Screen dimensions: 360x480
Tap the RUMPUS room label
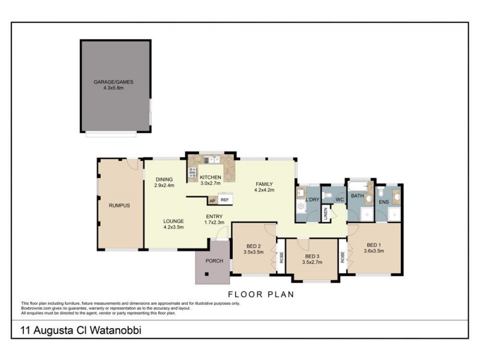pyautogui.click(x=119, y=205)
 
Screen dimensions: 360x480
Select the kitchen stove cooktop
pyautogui.click(x=193, y=173)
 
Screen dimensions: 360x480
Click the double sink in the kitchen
pyautogui.click(x=211, y=160)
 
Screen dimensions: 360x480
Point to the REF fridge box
pyautogui.click(x=225, y=200)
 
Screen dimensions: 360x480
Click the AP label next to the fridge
pyautogui.click(x=212, y=200)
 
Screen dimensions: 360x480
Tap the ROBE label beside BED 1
pyautogui.click(x=343, y=257)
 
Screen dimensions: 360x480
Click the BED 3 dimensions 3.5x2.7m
pyautogui.click(x=312, y=262)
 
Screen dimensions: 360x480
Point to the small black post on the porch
pyautogui.click(x=206, y=275)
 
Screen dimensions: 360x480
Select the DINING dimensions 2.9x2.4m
pyautogui.click(x=164, y=185)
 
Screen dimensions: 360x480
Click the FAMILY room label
pyautogui.click(x=264, y=184)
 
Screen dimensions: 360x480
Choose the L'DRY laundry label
pyautogui.click(x=311, y=199)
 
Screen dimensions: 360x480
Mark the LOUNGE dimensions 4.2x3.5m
pyautogui.click(x=173, y=227)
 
